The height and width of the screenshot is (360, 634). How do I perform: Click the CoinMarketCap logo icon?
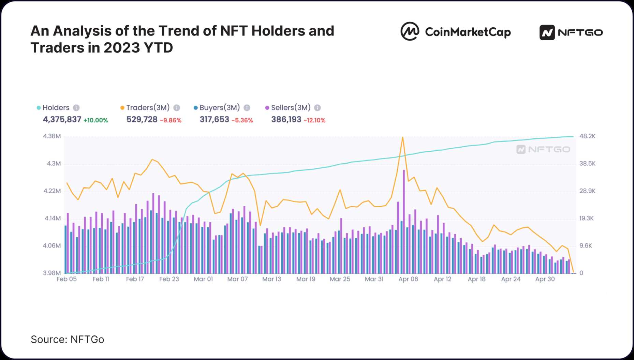pyautogui.click(x=410, y=31)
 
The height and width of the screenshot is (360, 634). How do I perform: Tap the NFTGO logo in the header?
pyautogui.click(x=571, y=32)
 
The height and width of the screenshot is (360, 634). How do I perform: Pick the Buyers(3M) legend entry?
pyautogui.click(x=219, y=108)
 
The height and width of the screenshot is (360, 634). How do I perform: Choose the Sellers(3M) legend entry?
pyautogui.click(x=291, y=108)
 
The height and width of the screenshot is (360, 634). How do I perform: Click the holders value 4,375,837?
pyautogui.click(x=62, y=119)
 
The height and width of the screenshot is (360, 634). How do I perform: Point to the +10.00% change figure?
pyautogui.click(x=95, y=120)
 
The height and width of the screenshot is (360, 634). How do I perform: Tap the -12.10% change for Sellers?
pyautogui.click(x=314, y=120)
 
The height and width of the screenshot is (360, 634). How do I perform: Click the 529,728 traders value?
pyautogui.click(x=142, y=119)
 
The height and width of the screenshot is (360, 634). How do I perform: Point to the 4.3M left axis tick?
pyautogui.click(x=54, y=164)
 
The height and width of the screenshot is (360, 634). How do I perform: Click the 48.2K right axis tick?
pyautogui.click(x=587, y=136)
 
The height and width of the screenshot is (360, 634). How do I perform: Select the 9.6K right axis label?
pyautogui.click(x=586, y=245)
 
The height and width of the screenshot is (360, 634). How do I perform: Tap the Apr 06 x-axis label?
pyautogui.click(x=408, y=279)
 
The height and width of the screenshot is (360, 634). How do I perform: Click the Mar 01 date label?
pyautogui.click(x=203, y=279)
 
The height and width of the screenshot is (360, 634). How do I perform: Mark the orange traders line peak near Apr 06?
pyautogui.click(x=403, y=137)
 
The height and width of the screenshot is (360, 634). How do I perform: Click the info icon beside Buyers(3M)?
pyautogui.click(x=247, y=108)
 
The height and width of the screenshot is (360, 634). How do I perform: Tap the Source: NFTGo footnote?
pyautogui.click(x=67, y=340)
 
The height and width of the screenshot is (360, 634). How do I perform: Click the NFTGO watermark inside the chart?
pyautogui.click(x=543, y=149)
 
